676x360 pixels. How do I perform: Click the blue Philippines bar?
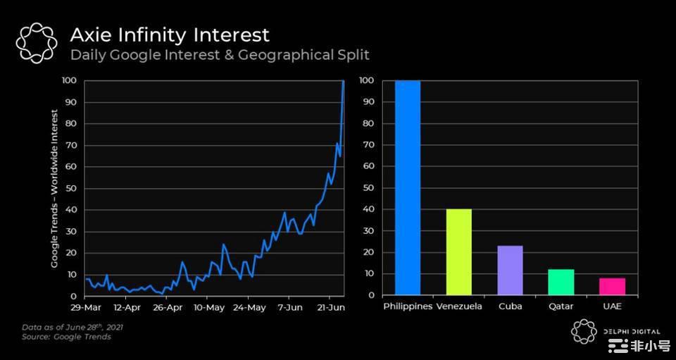tap(407, 188)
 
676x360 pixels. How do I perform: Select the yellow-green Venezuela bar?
tap(458, 252)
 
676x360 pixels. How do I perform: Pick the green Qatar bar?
tap(561, 282)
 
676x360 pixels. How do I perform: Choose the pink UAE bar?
tap(612, 286)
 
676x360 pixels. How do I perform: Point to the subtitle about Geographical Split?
tap(220, 54)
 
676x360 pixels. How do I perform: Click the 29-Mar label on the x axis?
tap(84, 307)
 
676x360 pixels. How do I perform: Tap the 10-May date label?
tap(209, 307)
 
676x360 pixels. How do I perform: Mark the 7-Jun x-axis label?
tap(290, 307)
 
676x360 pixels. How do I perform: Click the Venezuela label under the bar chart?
tap(459, 307)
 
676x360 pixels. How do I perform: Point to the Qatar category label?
tap(561, 307)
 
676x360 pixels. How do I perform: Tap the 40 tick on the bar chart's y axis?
tap(369, 209)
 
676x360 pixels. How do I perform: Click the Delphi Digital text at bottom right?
tap(631, 331)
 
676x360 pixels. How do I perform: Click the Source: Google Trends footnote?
tap(66, 337)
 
